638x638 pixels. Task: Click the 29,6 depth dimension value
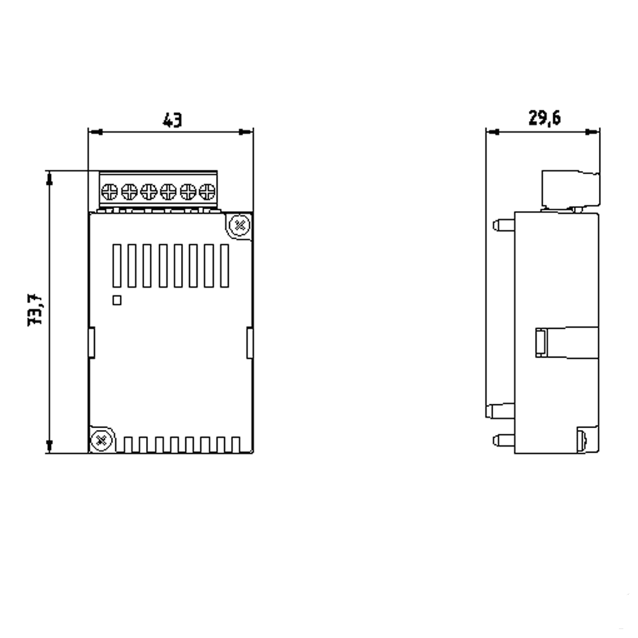[x=544, y=119]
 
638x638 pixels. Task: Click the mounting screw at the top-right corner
[x=239, y=225]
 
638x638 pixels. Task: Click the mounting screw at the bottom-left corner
[x=100, y=440]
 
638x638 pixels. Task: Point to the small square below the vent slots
[x=117, y=300]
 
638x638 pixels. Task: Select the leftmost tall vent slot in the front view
[x=117, y=265]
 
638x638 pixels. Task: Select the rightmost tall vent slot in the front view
[x=224, y=265]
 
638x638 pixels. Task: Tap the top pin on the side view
[x=503, y=224]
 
